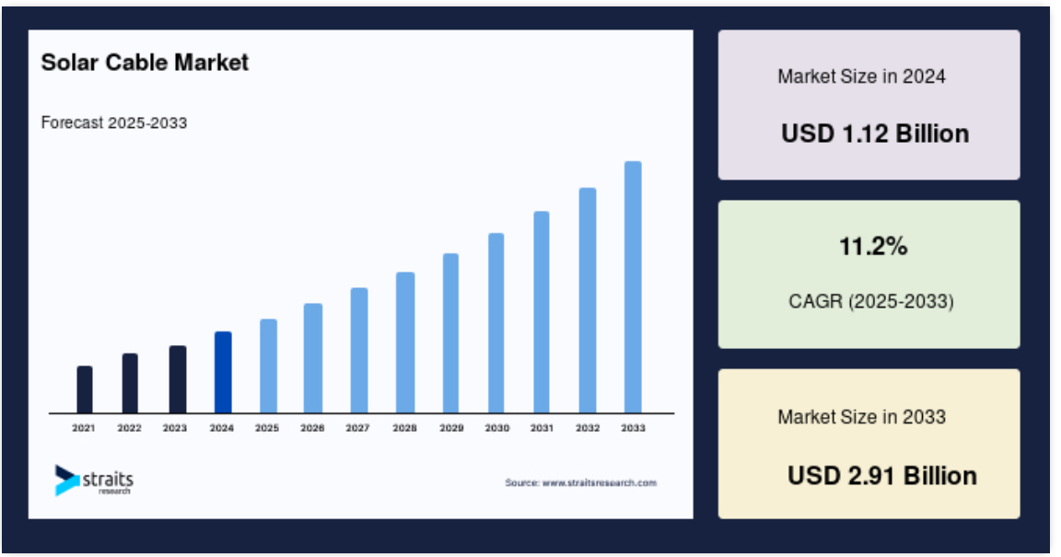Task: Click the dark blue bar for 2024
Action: [223, 372]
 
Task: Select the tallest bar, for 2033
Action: [633, 287]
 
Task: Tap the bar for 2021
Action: [85, 389]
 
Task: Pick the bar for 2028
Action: [405, 342]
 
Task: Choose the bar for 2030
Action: [496, 323]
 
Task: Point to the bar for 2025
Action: [269, 366]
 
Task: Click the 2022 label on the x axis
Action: [129, 428]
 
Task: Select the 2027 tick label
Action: [357, 428]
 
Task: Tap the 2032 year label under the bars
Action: [588, 428]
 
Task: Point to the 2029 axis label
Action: [451, 428]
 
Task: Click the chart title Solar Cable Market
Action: [145, 63]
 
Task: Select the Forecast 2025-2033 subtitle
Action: [113, 122]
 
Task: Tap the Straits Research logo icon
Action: [67, 480]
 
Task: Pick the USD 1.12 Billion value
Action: [875, 133]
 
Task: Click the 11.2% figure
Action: [873, 247]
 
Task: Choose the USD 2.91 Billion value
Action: [881, 476]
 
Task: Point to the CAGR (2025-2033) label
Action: [871, 301]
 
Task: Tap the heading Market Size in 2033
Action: [861, 417]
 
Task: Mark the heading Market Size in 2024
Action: [861, 76]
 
